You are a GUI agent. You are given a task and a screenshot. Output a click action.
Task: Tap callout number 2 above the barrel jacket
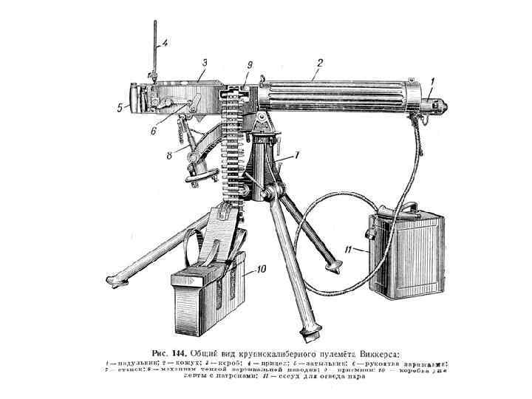[x=316, y=73]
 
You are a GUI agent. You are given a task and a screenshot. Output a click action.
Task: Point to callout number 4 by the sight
[x=165, y=43]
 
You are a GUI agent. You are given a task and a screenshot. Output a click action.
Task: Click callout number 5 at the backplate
[x=119, y=107]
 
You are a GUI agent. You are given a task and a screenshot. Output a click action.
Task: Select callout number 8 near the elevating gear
[x=169, y=155]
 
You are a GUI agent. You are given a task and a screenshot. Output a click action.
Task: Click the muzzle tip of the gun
[x=448, y=107]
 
